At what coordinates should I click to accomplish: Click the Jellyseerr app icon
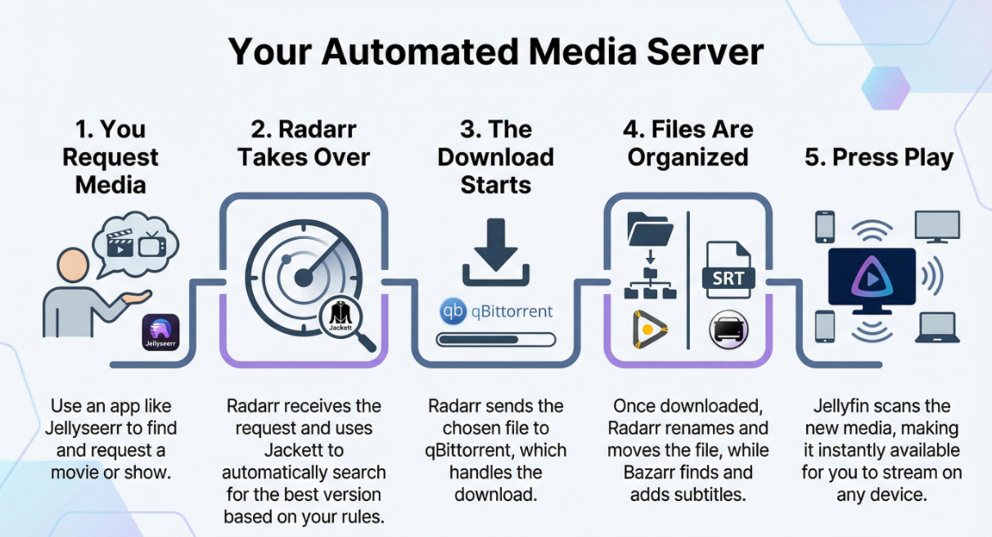point(160,332)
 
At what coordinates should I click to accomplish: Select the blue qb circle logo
point(453,311)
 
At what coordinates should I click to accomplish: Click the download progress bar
point(495,340)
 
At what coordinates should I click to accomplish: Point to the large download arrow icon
point(495,252)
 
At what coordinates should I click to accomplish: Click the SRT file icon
point(728,270)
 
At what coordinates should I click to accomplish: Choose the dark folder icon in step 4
point(650,229)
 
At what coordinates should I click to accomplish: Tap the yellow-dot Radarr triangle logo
point(649,329)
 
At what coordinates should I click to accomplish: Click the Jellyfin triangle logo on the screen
point(872,278)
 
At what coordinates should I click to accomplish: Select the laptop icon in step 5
point(937,327)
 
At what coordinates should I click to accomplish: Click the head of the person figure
point(73,264)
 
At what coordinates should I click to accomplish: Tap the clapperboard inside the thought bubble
point(119,243)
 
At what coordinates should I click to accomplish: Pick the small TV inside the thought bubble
point(152,244)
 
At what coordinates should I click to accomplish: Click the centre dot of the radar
point(304,278)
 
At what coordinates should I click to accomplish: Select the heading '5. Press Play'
point(878,158)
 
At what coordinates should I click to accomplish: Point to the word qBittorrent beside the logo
point(512,312)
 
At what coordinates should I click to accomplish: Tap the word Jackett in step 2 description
point(304,450)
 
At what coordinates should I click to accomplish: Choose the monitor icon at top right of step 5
point(937,227)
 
